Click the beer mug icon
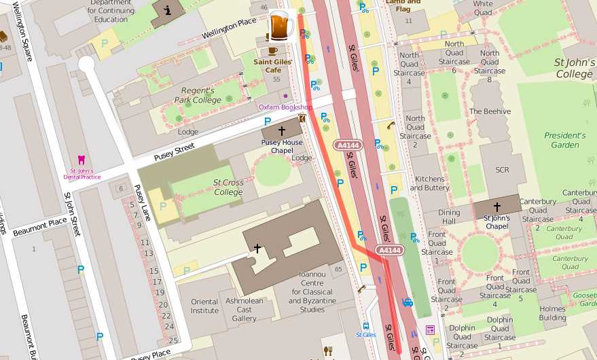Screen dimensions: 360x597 coord(281,26)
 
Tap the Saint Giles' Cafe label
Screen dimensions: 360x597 coord(273,65)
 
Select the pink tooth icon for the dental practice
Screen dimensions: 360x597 coord(82,160)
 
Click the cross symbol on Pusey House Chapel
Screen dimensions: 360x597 coord(282,130)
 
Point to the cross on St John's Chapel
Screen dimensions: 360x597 coord(496,207)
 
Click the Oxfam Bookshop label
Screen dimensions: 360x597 coord(285,107)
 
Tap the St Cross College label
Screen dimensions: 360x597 coord(228,187)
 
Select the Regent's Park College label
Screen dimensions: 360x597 coord(198,95)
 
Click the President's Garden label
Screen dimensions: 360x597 coord(565,140)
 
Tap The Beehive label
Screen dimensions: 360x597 coord(490,111)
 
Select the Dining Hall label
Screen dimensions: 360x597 coord(448,217)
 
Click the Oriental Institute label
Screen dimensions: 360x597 coord(204,306)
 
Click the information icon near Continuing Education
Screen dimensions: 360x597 coord(167,10)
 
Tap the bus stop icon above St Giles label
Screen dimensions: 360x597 coord(366,325)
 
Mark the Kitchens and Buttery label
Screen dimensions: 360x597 coord(430,183)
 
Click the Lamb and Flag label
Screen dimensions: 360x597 coord(403,5)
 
